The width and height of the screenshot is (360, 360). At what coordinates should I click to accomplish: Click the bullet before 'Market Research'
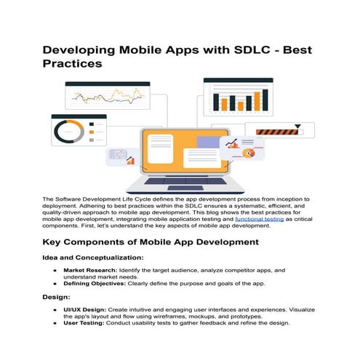[x=55, y=270]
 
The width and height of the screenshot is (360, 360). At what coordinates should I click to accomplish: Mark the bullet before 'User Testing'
[x=55, y=324]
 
